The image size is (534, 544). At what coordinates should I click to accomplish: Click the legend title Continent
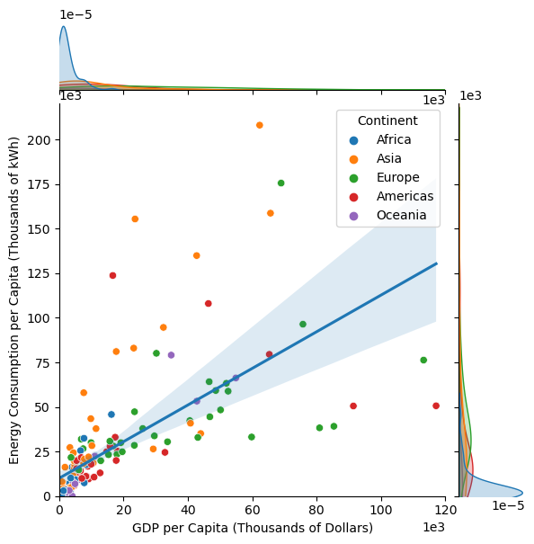(387, 120)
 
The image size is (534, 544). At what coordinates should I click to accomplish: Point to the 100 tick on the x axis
(381, 508)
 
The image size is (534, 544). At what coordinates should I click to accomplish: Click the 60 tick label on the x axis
(253, 508)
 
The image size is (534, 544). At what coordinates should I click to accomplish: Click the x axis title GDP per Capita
(253, 527)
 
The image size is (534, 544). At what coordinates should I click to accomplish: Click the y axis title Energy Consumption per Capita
(14, 300)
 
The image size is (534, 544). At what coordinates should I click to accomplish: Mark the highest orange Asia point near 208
(259, 125)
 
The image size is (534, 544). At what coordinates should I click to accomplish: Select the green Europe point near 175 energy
(280, 183)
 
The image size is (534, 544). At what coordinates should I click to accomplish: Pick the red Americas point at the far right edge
(436, 406)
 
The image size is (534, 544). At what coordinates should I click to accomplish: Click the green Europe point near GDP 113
(423, 360)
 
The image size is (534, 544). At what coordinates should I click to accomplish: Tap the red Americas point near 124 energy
(112, 275)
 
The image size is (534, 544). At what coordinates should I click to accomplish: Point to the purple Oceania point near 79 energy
(171, 355)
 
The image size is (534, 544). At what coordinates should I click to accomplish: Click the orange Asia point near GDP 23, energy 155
(135, 218)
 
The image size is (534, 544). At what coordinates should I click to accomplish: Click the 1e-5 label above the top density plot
(78, 15)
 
